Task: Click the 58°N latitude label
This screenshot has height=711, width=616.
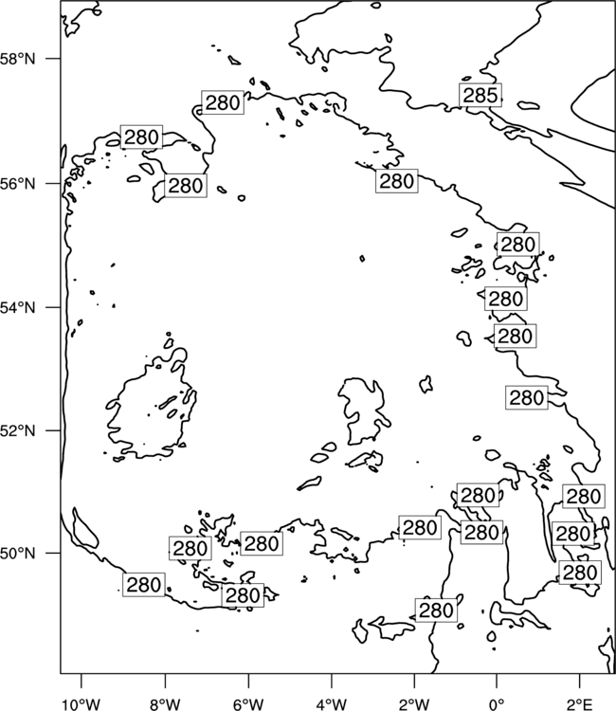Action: click(x=18, y=59)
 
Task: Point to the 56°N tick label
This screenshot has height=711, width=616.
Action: click(x=18, y=184)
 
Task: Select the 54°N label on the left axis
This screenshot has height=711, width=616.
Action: click(x=18, y=308)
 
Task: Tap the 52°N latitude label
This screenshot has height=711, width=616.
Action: click(x=18, y=430)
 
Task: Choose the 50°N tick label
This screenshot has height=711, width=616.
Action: click(x=18, y=554)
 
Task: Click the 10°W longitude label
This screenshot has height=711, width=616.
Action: click(x=81, y=704)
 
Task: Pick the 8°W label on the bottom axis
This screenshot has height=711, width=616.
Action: click(x=165, y=704)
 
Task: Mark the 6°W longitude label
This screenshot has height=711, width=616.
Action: click(x=248, y=704)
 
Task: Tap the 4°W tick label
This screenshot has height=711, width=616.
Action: click(x=332, y=704)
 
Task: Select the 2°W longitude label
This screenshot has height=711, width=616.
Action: click(x=414, y=704)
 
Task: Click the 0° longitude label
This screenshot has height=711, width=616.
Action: click(x=497, y=704)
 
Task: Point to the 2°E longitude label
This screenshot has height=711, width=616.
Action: click(x=580, y=704)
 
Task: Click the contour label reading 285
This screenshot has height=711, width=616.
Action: click(x=480, y=95)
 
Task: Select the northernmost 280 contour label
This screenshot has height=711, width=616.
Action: click(x=223, y=102)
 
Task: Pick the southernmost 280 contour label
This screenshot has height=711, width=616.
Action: click(x=436, y=611)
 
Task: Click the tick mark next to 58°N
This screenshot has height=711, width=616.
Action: click(x=52, y=59)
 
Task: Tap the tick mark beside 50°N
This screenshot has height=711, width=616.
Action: click(x=52, y=554)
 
